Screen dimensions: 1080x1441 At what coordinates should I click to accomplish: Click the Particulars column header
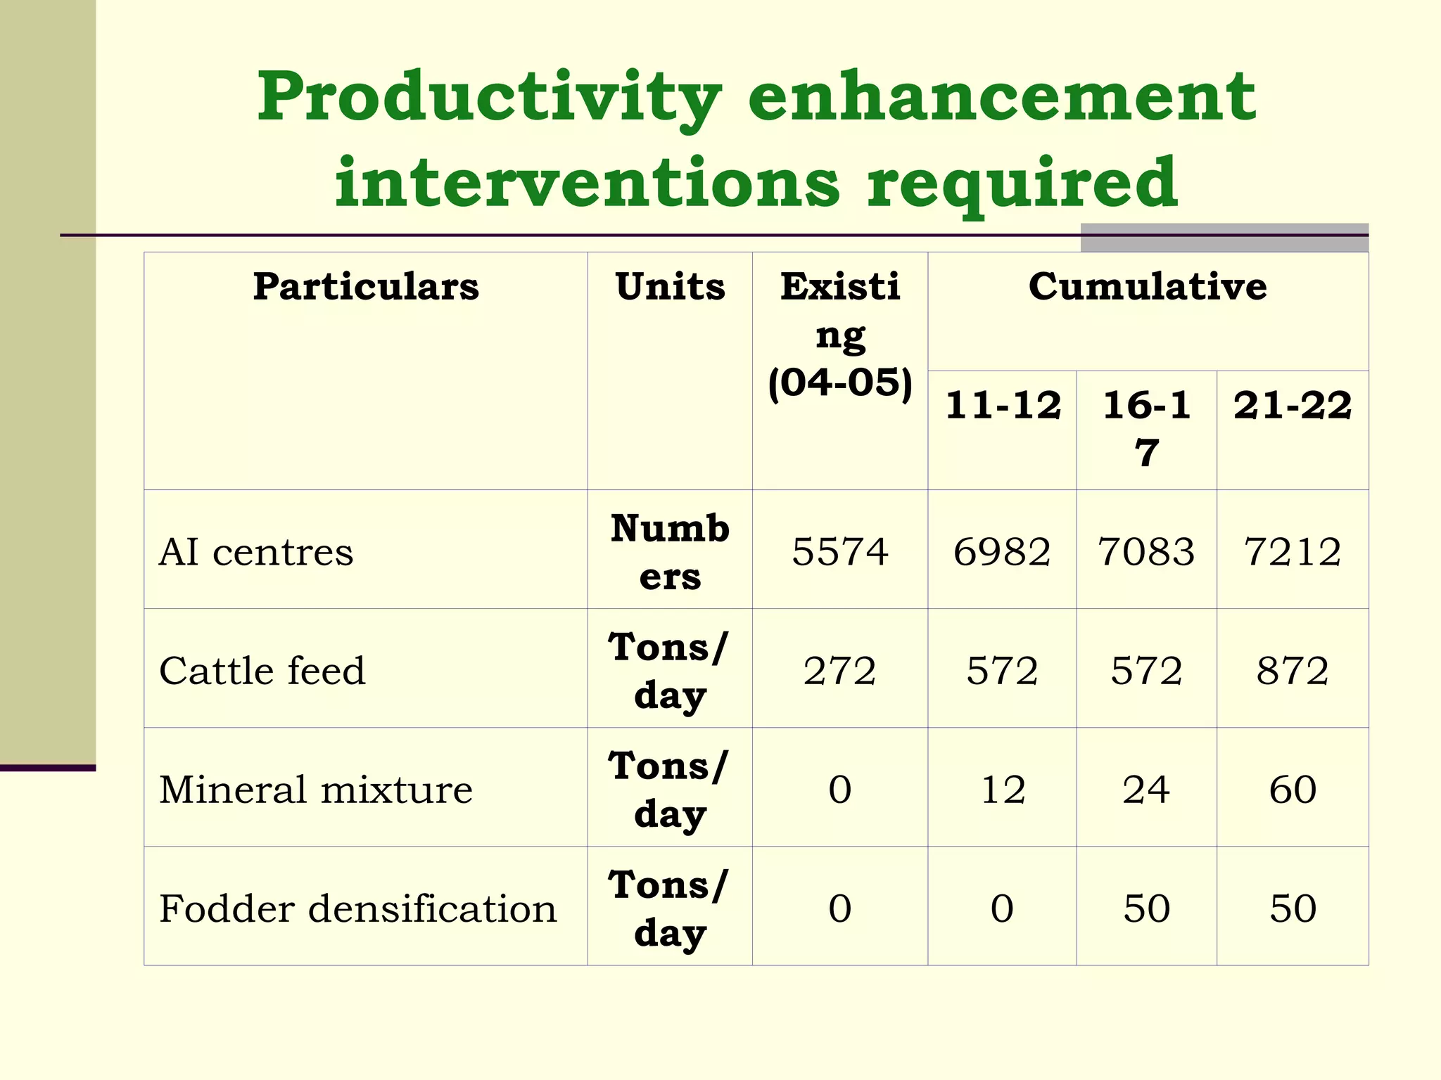point(366,287)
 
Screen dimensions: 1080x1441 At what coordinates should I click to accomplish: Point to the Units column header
point(670,287)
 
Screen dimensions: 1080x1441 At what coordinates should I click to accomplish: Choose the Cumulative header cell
point(1148,287)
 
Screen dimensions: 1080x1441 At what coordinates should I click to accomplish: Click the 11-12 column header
point(1003,406)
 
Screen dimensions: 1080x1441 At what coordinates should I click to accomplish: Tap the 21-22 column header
point(1293,406)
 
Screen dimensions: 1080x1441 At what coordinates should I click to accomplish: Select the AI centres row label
point(256,552)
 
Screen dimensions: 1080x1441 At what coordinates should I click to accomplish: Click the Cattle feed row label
point(262,671)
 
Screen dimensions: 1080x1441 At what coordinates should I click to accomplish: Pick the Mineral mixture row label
point(316,790)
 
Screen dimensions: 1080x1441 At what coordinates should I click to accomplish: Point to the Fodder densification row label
point(358,908)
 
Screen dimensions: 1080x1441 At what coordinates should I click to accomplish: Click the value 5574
point(840,551)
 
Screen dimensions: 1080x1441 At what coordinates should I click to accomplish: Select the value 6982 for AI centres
point(1002,551)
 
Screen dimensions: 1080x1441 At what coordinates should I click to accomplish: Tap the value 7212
point(1293,551)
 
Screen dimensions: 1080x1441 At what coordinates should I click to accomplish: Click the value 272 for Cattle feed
point(840,671)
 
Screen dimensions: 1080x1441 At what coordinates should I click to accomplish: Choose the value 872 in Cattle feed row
point(1293,671)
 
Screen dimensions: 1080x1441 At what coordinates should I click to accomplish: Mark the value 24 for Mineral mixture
point(1146,790)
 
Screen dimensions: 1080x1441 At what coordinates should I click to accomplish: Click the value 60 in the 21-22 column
point(1293,790)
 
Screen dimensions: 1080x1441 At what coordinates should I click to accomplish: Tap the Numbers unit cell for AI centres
point(670,552)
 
